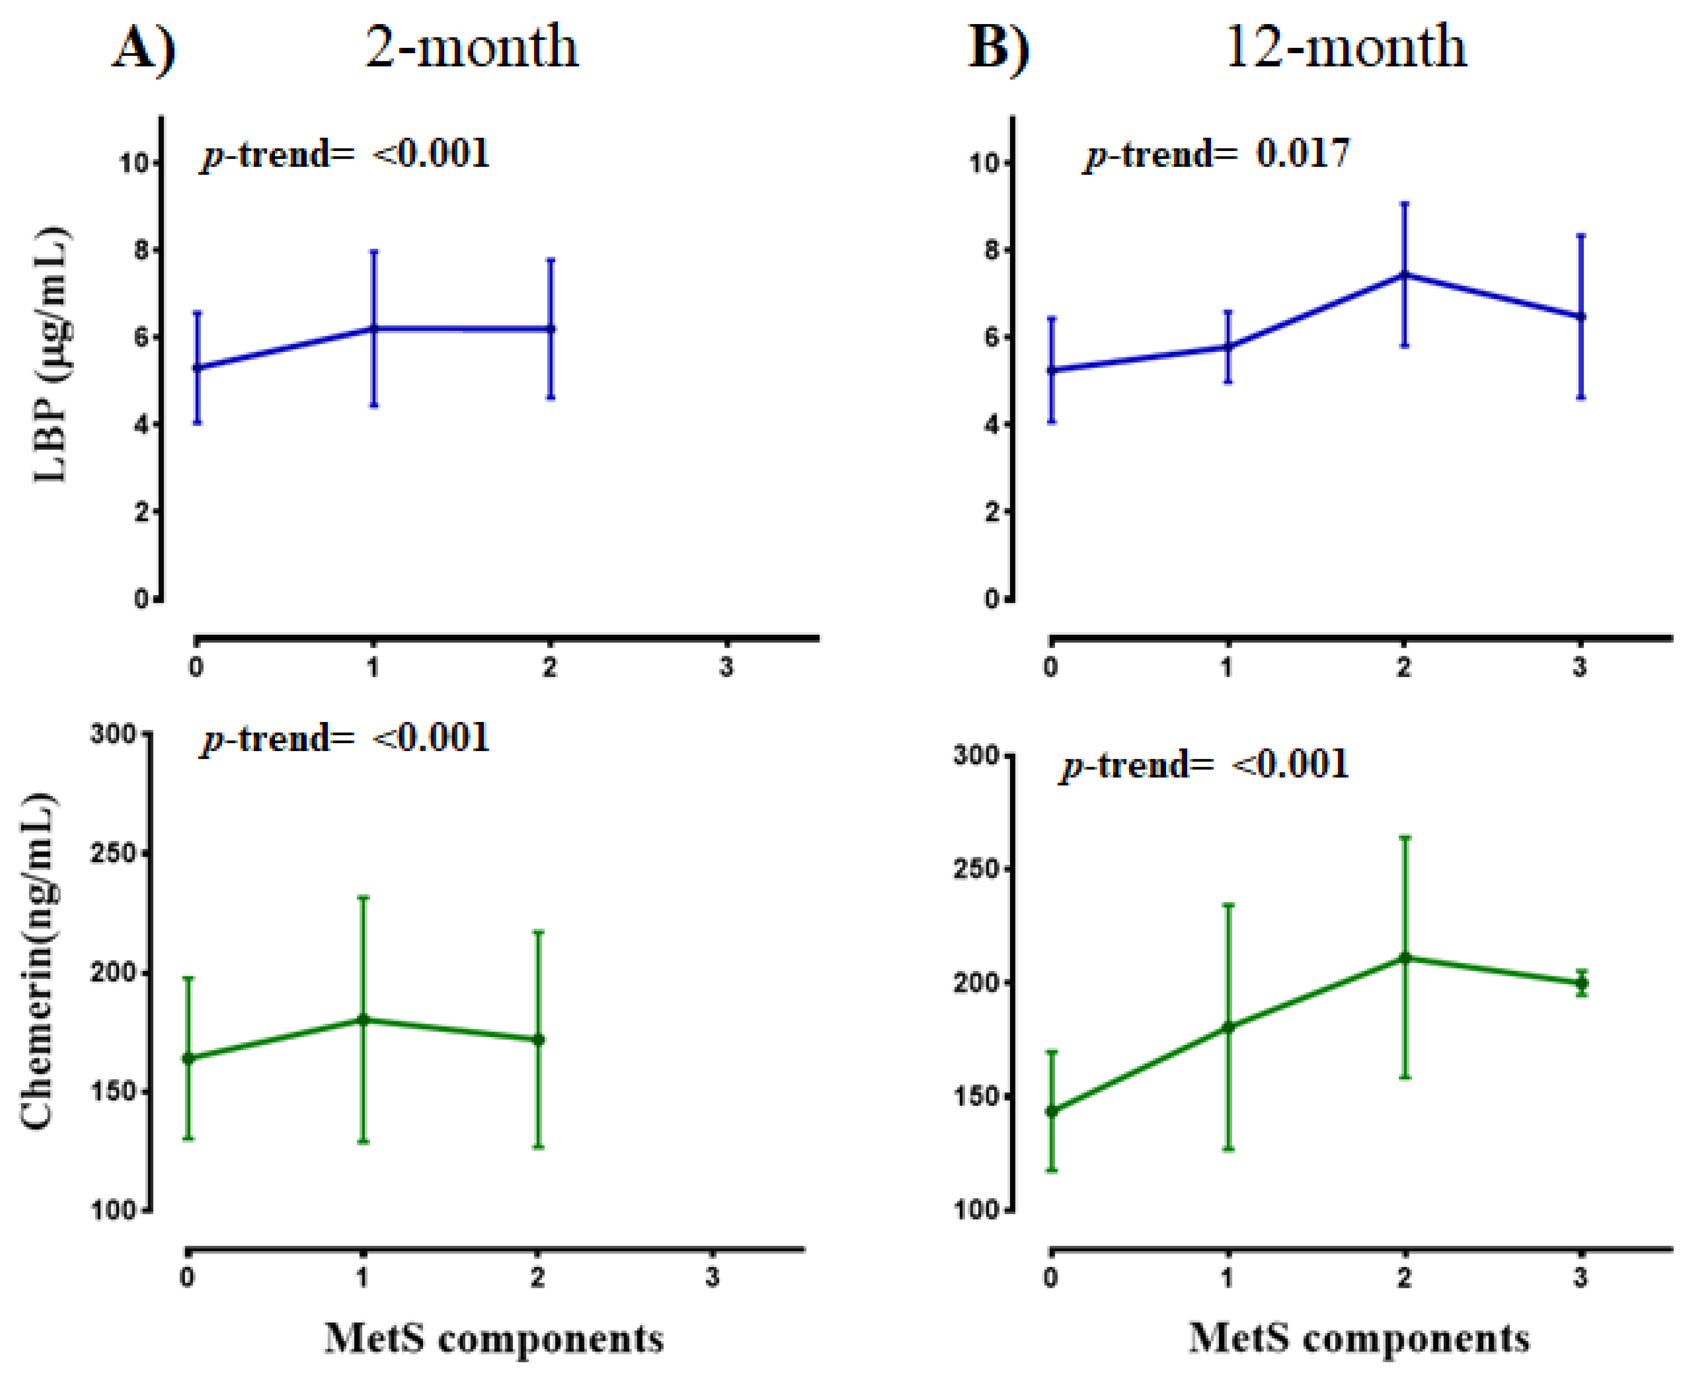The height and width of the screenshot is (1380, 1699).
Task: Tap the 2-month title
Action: click(472, 46)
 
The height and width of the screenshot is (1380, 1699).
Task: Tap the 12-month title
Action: click(1345, 46)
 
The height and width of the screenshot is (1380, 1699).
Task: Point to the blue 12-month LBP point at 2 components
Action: click(1404, 274)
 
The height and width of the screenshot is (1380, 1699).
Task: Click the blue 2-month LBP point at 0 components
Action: click(197, 367)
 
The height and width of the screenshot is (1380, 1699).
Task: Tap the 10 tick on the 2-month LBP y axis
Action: click(135, 163)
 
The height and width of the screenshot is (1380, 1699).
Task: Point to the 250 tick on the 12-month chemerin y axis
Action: click(976, 869)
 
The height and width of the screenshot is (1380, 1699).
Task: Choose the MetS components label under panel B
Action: click(1359, 1338)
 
